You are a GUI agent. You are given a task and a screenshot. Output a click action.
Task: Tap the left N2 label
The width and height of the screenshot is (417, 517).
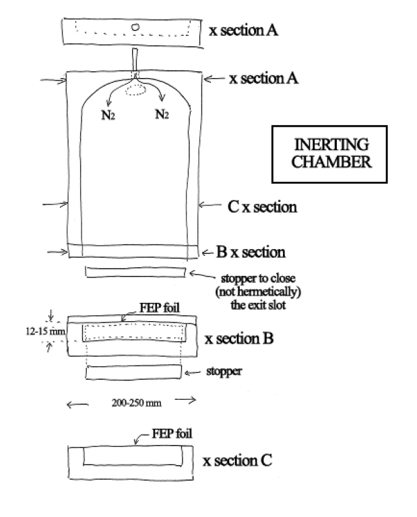point(108,115)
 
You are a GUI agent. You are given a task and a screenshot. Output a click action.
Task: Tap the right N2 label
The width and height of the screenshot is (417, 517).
point(162,114)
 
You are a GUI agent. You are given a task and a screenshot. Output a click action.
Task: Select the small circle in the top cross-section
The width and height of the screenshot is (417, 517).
point(135,28)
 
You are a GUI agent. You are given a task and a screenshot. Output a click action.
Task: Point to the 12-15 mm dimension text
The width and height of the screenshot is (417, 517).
point(45,331)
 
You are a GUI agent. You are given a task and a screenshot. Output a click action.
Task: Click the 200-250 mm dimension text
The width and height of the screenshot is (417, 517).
point(136,403)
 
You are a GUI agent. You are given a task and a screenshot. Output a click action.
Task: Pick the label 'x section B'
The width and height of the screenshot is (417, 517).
point(239,339)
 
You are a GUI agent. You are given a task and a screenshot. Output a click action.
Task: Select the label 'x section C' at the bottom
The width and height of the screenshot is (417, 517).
point(237,460)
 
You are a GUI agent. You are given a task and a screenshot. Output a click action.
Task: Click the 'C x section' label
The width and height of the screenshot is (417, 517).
point(262,207)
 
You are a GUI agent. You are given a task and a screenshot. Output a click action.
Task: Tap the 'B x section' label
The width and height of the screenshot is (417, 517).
point(251,252)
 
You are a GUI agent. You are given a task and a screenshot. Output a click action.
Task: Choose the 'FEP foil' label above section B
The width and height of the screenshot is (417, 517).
point(160,308)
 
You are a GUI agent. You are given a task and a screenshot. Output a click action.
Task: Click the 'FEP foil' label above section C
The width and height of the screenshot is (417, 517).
point(172,434)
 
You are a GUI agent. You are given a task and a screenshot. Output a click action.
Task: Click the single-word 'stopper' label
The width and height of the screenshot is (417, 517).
point(224,372)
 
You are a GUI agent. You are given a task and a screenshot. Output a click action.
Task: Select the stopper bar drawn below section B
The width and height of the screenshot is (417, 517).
point(133,372)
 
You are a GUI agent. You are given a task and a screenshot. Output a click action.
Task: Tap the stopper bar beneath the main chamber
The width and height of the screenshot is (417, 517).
point(135,272)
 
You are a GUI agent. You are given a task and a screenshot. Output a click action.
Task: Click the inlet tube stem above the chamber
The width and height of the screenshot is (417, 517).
point(135,60)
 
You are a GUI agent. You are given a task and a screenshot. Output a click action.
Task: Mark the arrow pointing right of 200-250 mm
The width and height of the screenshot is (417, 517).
point(185,401)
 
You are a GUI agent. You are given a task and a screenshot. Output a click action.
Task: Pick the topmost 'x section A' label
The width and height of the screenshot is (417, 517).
point(243,30)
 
